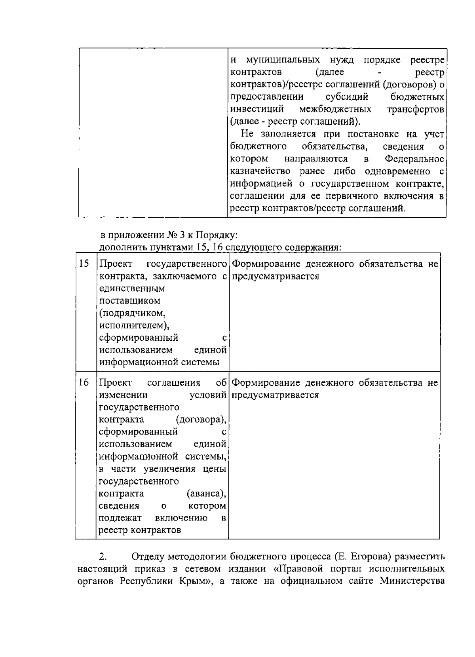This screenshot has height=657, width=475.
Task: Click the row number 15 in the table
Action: (x=84, y=264)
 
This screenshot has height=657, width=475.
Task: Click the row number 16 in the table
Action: (x=84, y=382)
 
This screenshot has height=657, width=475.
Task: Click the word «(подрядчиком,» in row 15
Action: (x=132, y=313)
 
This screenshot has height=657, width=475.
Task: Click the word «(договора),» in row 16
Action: (x=201, y=419)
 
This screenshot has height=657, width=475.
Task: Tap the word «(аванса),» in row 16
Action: (x=206, y=494)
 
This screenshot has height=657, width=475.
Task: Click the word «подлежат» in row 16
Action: (x=120, y=518)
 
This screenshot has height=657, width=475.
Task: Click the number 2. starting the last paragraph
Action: (x=103, y=557)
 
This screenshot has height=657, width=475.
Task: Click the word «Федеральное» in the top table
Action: (x=415, y=159)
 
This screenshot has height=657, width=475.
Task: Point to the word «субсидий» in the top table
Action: (x=347, y=97)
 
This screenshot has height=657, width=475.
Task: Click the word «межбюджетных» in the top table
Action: (x=335, y=109)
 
